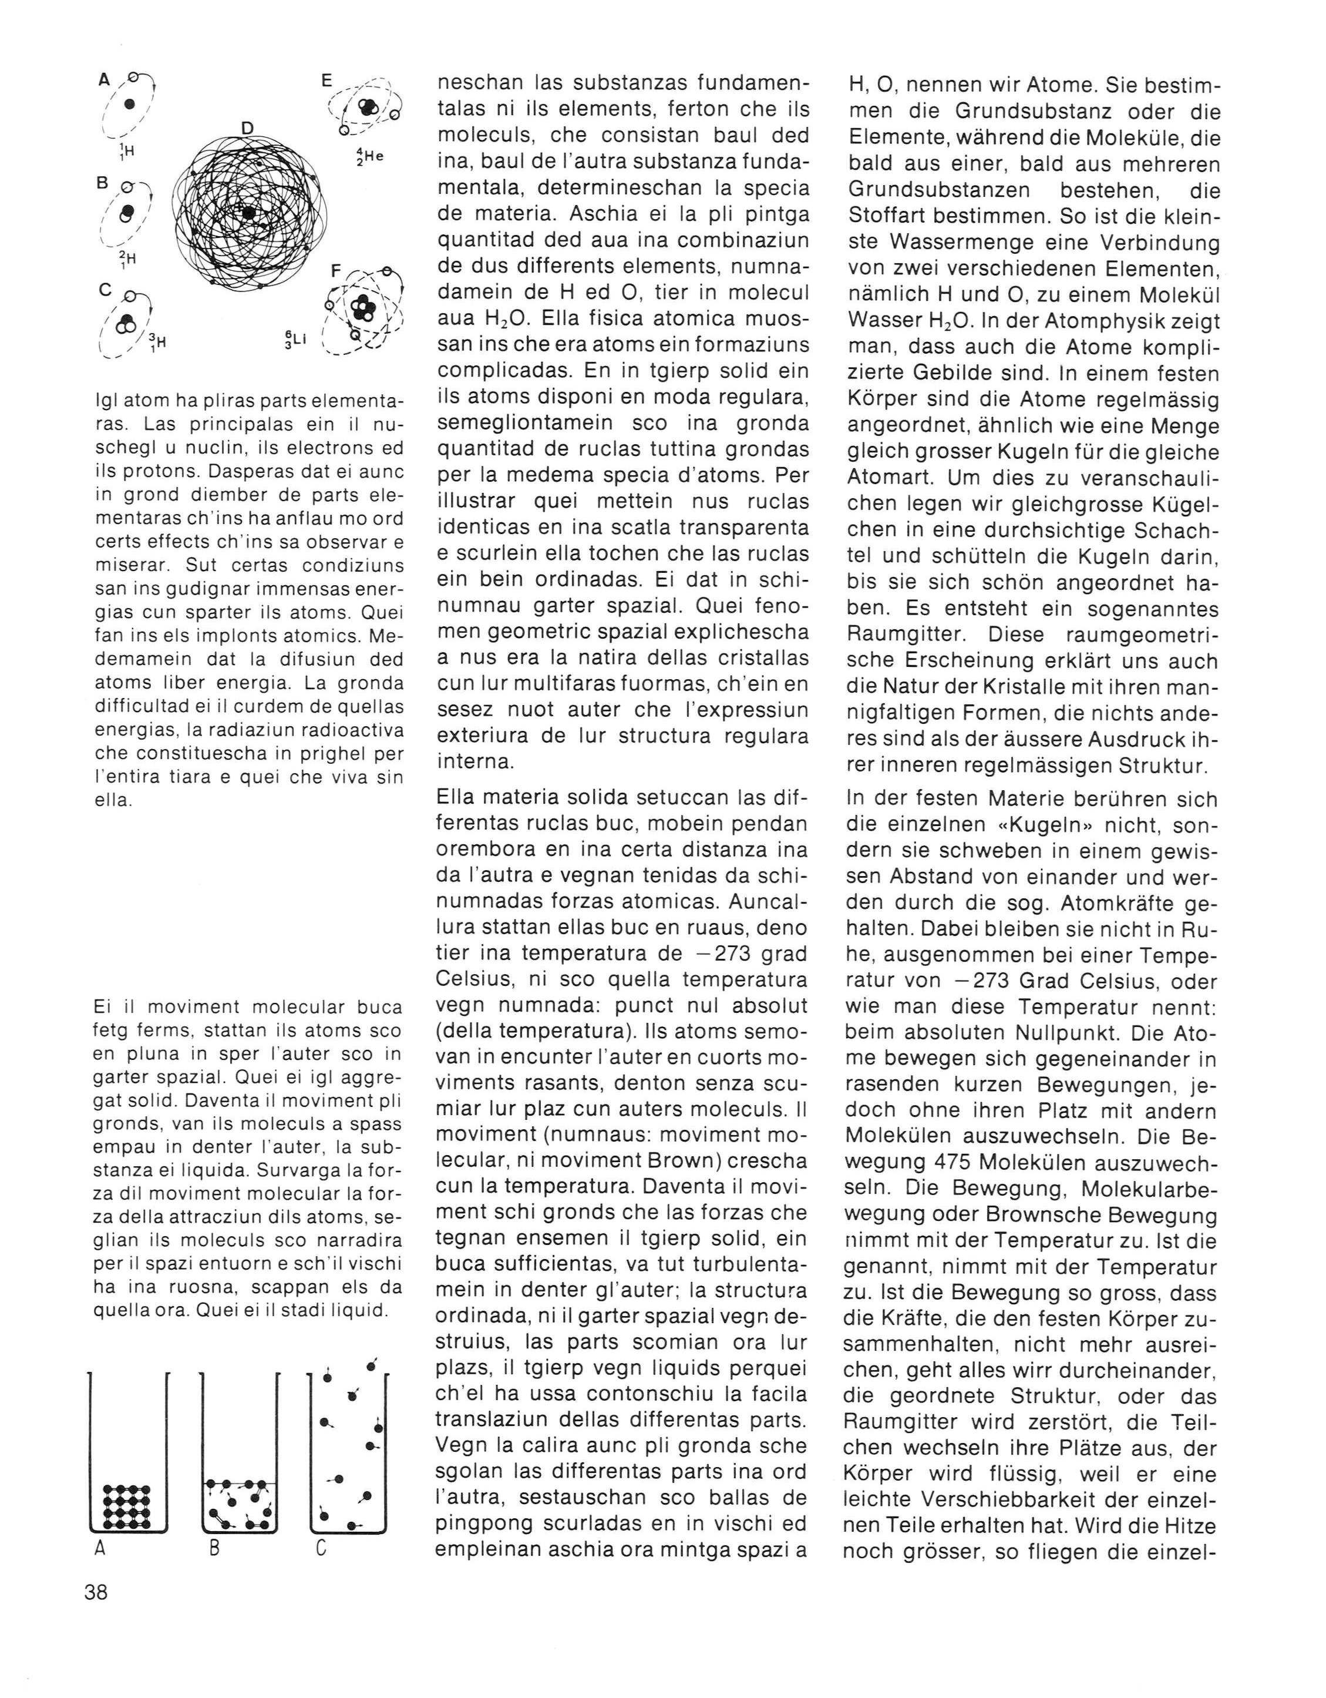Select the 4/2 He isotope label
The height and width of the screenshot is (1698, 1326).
[x=369, y=156]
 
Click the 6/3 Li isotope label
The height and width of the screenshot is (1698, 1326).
[x=296, y=341]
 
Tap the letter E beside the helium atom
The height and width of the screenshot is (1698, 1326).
[x=327, y=79]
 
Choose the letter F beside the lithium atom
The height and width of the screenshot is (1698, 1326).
[x=336, y=272]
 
